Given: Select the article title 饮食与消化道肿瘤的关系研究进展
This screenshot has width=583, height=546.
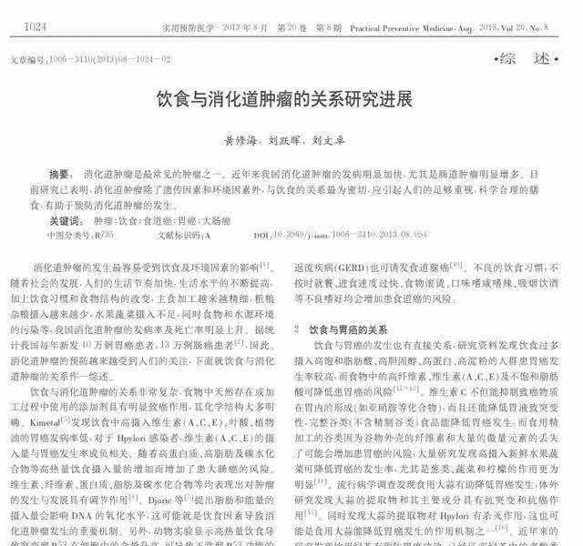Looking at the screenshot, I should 285,99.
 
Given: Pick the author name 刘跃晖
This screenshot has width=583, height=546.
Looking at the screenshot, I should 285,141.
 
